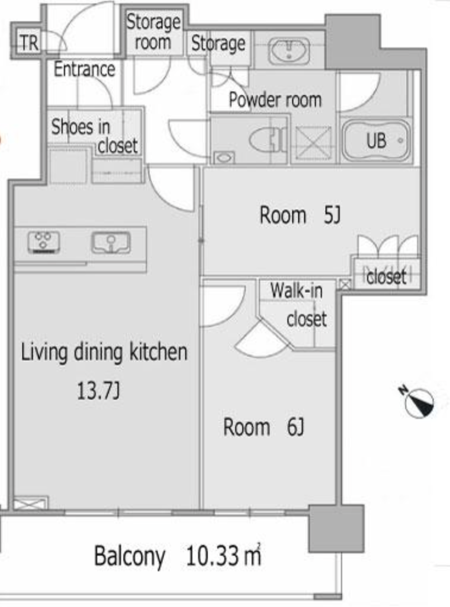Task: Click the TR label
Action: (x=30, y=43)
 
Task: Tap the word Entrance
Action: (x=84, y=69)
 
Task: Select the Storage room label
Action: (x=153, y=32)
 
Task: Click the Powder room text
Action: (x=275, y=100)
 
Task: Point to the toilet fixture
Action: (x=268, y=139)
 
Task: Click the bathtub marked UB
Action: (x=375, y=140)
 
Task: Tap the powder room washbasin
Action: (x=289, y=50)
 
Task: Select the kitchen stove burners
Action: (x=44, y=242)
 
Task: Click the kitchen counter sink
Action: (x=111, y=242)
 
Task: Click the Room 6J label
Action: (x=263, y=427)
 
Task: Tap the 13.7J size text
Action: (x=98, y=390)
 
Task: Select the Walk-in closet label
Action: (x=298, y=305)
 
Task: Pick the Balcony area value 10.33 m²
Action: (x=223, y=555)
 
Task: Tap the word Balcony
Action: (x=130, y=557)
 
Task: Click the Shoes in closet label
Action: (x=95, y=136)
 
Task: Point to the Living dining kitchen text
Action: (x=104, y=352)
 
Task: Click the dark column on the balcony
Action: (x=336, y=528)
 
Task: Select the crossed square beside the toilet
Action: (x=313, y=143)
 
